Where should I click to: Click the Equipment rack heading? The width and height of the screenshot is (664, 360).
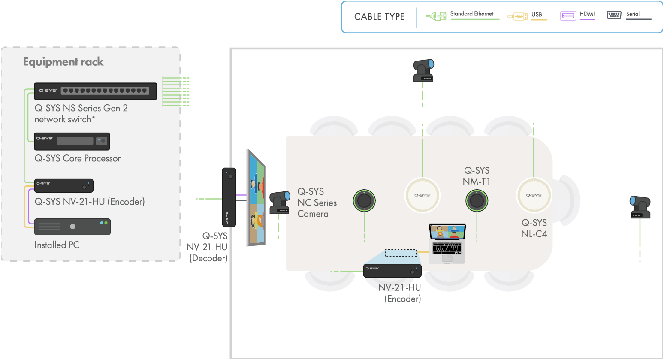63,62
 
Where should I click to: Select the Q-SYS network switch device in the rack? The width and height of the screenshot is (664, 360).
95,91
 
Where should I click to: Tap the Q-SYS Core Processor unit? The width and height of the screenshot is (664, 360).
72,142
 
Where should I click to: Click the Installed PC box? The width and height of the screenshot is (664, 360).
72,227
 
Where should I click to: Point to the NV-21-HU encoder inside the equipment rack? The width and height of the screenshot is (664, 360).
64,186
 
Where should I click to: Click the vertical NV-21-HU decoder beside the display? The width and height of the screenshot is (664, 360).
229,197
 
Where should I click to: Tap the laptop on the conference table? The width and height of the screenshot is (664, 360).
447,243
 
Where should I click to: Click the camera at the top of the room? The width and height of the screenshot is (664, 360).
423,70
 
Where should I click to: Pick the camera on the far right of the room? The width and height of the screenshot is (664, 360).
640,207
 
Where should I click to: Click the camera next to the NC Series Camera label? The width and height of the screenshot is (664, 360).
280,202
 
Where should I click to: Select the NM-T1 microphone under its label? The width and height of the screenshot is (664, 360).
477,201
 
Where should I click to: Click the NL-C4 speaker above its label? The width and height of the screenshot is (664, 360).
534,195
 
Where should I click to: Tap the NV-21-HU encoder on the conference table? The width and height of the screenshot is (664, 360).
392,271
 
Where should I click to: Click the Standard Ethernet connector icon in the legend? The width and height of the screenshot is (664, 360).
436,16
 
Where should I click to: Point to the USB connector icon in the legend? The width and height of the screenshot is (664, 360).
518,16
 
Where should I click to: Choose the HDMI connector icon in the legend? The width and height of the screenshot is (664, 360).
568,16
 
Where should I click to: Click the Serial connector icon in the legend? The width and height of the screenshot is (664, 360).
614,15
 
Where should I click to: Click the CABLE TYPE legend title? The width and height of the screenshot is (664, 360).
380,17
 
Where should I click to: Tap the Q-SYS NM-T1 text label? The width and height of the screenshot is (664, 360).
477,176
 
